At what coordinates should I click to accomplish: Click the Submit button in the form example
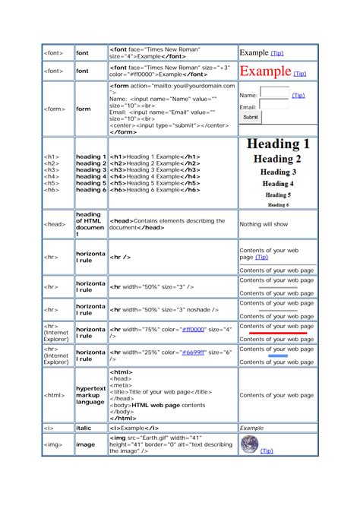click(251, 118)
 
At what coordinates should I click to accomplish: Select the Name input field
click(274, 93)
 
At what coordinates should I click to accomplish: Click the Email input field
click(274, 106)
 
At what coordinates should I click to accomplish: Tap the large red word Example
click(266, 72)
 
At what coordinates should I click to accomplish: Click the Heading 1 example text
click(276, 144)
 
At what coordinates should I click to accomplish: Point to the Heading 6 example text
click(277, 204)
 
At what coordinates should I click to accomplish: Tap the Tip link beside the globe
click(267, 451)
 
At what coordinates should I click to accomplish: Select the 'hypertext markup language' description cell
click(90, 395)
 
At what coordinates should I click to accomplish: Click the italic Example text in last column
click(251, 428)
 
